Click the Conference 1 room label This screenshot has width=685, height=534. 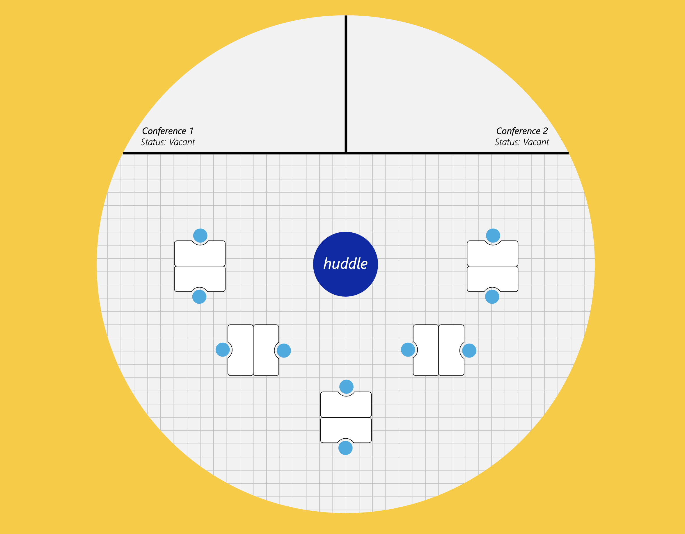[168, 131]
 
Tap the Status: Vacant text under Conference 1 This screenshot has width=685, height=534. [168, 142]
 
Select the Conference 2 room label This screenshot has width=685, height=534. [522, 131]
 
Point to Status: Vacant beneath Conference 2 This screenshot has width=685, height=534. [522, 142]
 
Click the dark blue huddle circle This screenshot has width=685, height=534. [345, 264]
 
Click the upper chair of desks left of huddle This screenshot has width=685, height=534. [200, 235]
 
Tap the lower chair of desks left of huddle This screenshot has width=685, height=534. [199, 297]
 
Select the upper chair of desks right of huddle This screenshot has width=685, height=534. [493, 235]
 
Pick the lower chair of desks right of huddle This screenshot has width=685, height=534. [492, 297]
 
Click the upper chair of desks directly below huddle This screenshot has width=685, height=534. [346, 387]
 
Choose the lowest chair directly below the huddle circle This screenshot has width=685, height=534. [345, 448]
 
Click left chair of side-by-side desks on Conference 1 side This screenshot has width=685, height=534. [222, 350]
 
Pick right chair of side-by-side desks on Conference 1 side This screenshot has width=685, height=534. [284, 350]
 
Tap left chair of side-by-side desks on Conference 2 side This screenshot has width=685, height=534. [408, 350]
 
